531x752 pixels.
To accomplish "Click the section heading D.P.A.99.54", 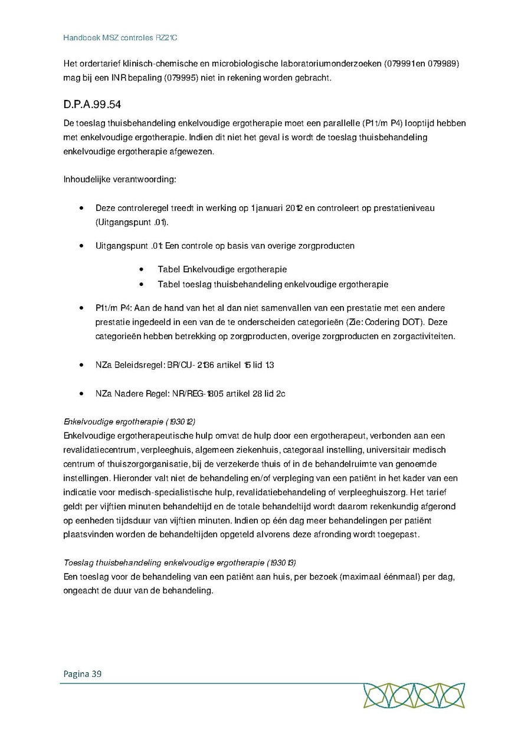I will [x=92, y=105].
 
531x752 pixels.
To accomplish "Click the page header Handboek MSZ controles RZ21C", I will [x=120, y=38].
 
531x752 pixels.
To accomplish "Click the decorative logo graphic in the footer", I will [x=414, y=695].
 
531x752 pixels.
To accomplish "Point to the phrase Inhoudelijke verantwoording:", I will [x=120, y=179].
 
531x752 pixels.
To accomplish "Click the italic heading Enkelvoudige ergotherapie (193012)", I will [x=129, y=422].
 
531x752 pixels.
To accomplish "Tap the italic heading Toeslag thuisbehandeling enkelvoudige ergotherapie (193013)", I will [x=183, y=561].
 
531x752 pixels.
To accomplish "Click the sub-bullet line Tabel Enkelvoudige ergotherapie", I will [x=222, y=269].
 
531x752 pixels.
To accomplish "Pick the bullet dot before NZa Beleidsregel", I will [x=81, y=365].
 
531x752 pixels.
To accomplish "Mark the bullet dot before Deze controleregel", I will [x=81, y=208].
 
